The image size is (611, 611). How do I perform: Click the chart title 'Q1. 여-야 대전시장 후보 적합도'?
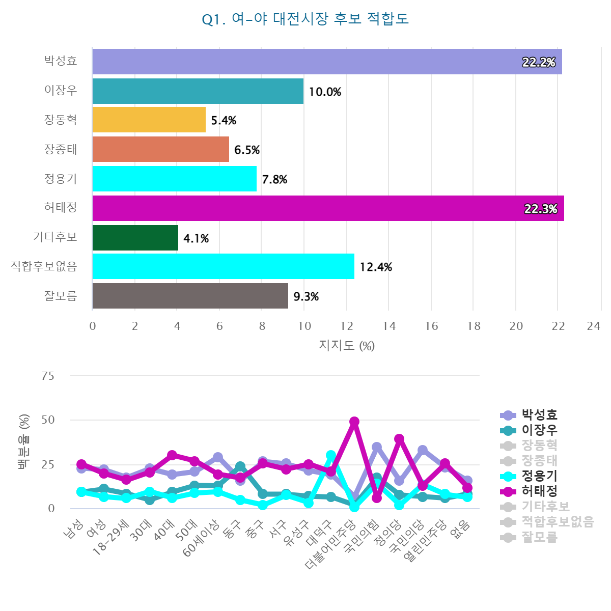(305, 19)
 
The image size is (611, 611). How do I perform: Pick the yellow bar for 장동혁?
(149, 120)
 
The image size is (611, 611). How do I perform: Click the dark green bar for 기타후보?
(135, 238)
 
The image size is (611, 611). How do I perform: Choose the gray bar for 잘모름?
(190, 296)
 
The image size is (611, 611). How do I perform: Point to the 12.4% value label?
(376, 267)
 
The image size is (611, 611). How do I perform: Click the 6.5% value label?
(247, 150)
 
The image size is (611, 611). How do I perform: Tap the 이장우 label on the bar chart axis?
(61, 91)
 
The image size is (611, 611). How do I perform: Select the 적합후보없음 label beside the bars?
(44, 266)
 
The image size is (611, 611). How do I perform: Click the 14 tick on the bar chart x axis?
(389, 326)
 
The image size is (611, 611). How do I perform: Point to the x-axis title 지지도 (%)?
(347, 346)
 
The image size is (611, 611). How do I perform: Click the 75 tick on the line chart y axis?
(48, 376)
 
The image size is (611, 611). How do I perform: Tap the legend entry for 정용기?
(539, 476)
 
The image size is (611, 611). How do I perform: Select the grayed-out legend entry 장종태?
(539, 461)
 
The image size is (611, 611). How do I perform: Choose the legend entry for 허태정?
(539, 491)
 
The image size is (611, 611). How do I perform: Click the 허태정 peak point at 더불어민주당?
(354, 422)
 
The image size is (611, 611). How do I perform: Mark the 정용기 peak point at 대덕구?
(331, 455)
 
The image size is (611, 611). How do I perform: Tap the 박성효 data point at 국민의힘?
(377, 448)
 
